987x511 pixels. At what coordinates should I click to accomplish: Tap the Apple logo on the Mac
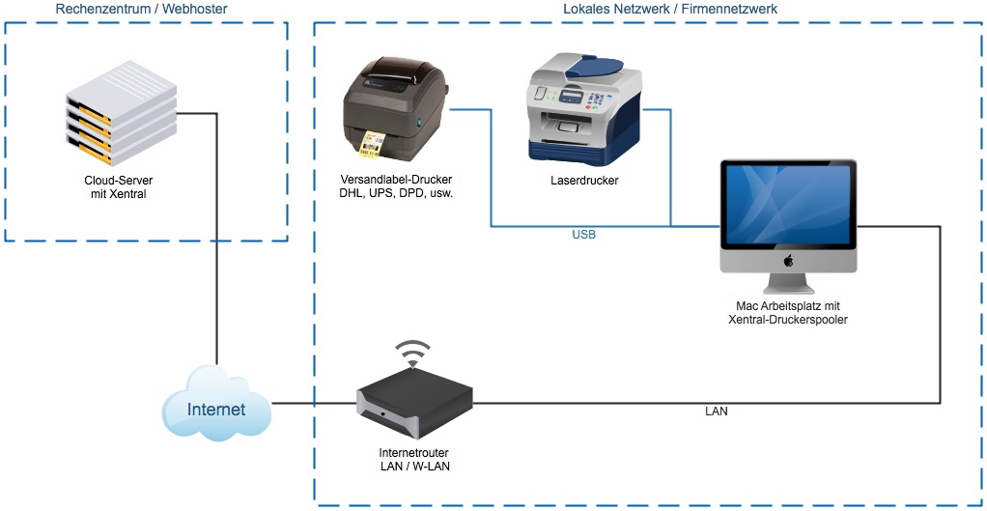click(788, 260)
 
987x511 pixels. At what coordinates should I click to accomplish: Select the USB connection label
click(584, 235)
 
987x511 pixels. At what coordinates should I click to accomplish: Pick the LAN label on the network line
click(717, 412)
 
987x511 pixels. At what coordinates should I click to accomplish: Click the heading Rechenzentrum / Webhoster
click(142, 9)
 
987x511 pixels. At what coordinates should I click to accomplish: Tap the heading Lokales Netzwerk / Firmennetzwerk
click(670, 9)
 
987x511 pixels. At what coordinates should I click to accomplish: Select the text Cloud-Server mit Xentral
click(120, 186)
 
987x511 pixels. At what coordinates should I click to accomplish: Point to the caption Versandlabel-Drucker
click(396, 180)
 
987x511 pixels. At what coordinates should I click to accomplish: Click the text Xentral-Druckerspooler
click(788, 320)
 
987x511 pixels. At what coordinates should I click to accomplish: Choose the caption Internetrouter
click(414, 452)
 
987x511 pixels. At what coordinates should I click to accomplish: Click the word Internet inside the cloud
click(216, 409)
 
